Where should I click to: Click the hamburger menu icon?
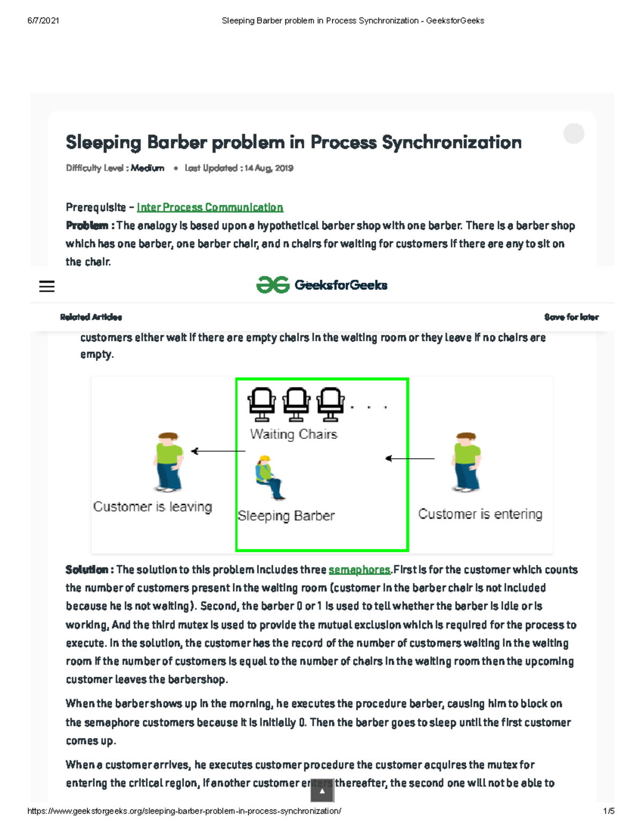pyautogui.click(x=47, y=286)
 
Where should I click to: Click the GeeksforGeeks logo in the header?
pyautogui.click(x=322, y=285)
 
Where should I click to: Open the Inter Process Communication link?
pyautogui.click(x=210, y=207)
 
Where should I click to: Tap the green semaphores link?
pyautogui.click(x=359, y=570)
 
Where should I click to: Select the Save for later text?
pyautogui.click(x=571, y=317)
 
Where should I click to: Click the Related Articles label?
pyautogui.click(x=91, y=317)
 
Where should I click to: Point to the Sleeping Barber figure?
pyautogui.click(x=269, y=477)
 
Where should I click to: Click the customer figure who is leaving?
pyautogui.click(x=168, y=462)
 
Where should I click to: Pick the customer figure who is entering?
pyautogui.click(x=466, y=462)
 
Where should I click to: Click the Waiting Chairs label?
pyautogui.click(x=294, y=434)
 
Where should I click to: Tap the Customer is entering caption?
pyautogui.click(x=480, y=514)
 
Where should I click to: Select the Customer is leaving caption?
pyautogui.click(x=153, y=507)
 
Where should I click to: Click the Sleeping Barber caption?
pyautogui.click(x=286, y=516)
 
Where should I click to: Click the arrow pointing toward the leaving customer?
pyautogui.click(x=218, y=451)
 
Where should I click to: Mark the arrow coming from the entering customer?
pyautogui.click(x=410, y=459)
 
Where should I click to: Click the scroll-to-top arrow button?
pyautogui.click(x=322, y=791)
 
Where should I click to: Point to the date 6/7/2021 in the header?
pyautogui.click(x=43, y=21)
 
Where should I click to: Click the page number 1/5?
pyautogui.click(x=608, y=811)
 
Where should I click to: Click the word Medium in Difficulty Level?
pyautogui.click(x=147, y=168)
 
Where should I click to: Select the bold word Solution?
pyautogui.click(x=86, y=570)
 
